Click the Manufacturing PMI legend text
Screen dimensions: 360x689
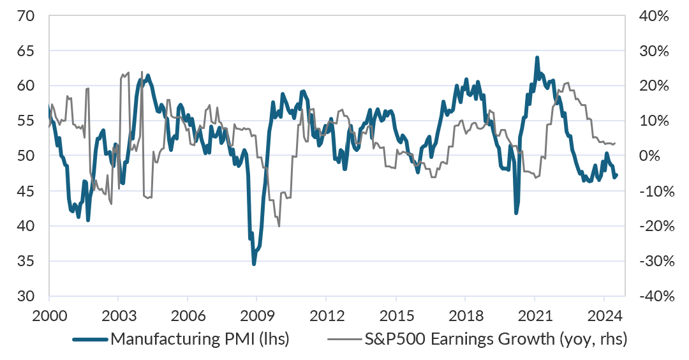tap(200, 339)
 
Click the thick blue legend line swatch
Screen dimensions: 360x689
tap(90, 339)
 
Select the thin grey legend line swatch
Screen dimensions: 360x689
tap(345, 339)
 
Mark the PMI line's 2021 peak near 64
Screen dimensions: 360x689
tap(537, 57)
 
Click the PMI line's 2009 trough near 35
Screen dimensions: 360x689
tap(254, 264)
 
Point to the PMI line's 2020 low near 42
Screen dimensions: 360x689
tap(516, 213)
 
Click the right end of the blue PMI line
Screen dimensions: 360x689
tap(616, 175)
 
